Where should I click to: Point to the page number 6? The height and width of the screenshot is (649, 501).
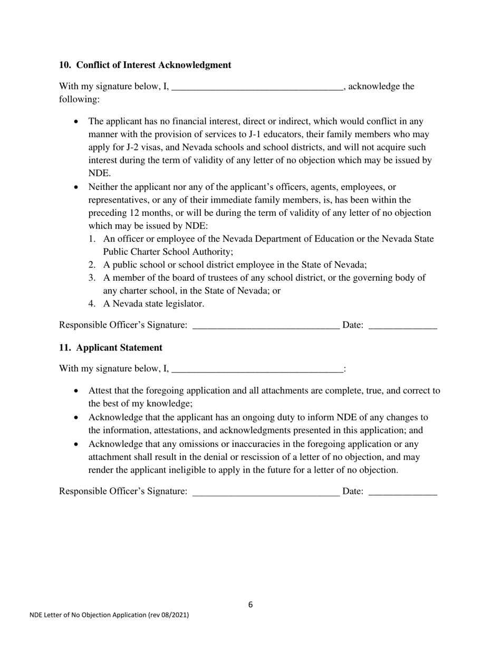point(250,605)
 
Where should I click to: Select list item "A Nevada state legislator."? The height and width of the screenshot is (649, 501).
point(153,304)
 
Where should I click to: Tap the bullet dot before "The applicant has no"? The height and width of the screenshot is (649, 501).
point(77,122)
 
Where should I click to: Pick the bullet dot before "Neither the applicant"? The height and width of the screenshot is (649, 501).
point(77,187)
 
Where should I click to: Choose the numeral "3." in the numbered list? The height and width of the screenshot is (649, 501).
point(93,278)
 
